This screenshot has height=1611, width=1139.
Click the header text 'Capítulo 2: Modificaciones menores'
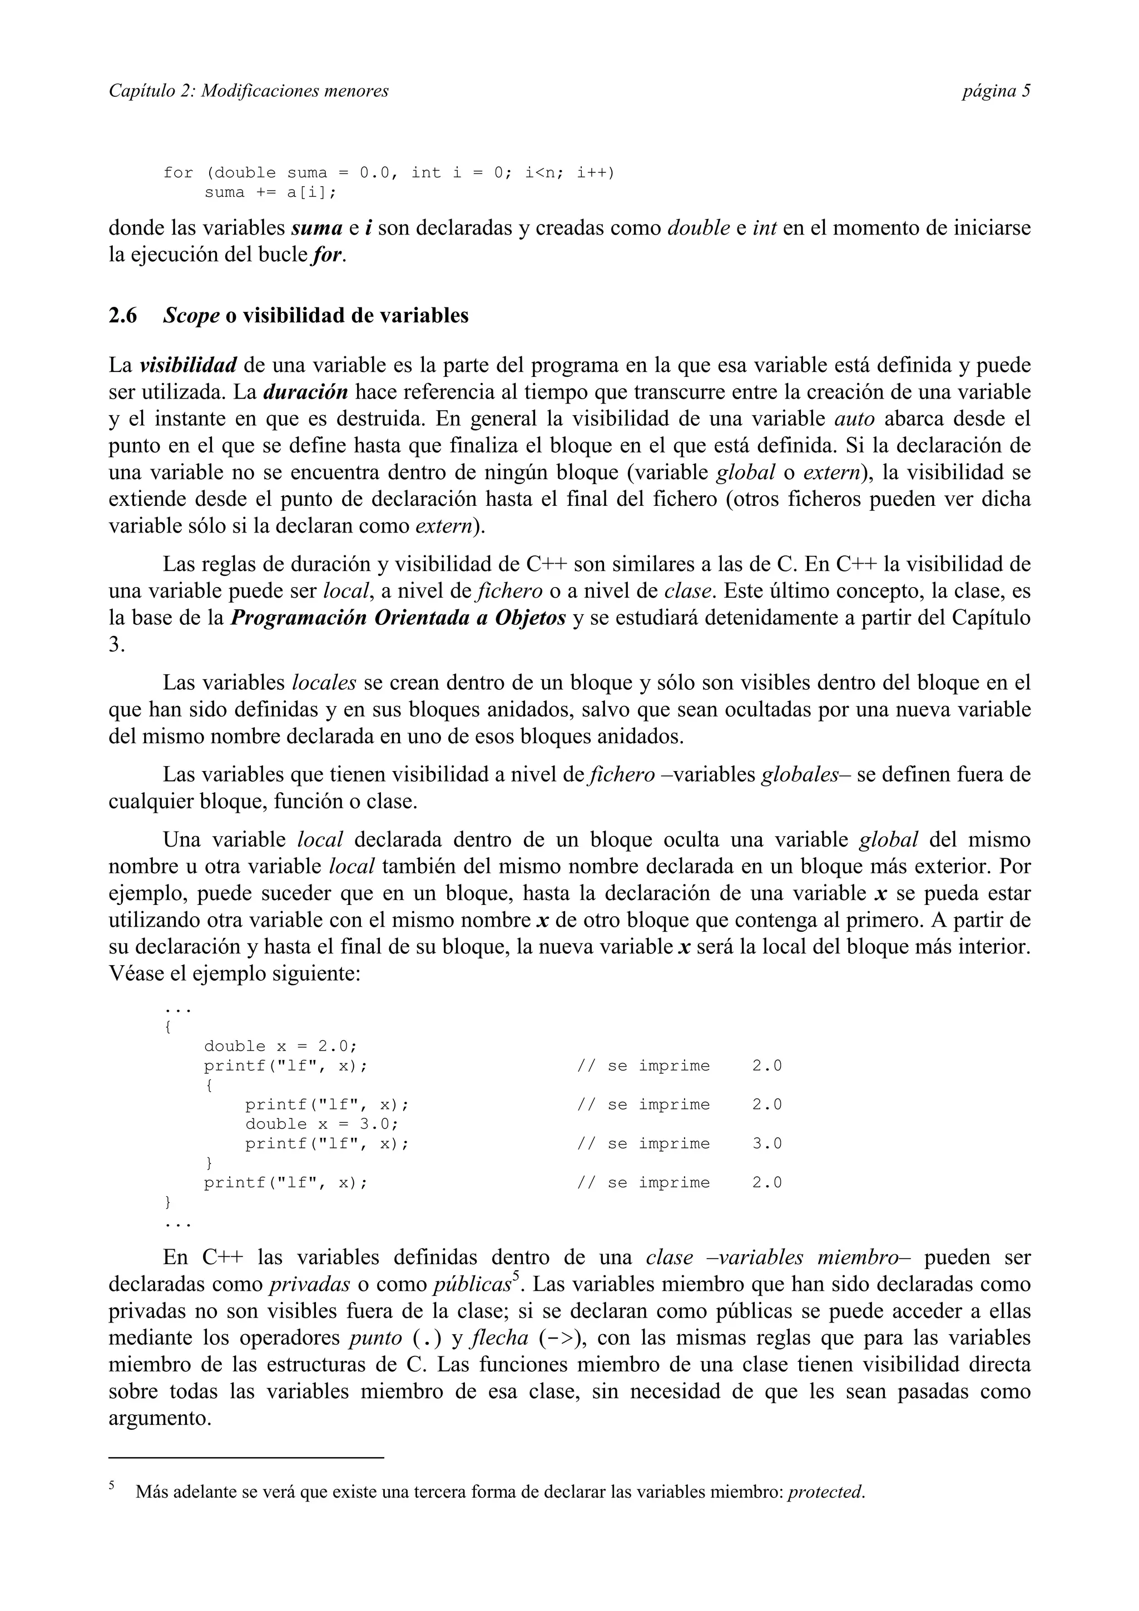[249, 91]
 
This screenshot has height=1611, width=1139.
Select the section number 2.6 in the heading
[123, 316]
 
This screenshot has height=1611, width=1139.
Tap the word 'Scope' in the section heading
[191, 316]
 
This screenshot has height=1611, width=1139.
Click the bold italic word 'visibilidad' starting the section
[187, 366]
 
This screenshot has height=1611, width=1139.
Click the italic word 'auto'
[854, 419]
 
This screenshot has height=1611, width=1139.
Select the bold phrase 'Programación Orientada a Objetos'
[398, 618]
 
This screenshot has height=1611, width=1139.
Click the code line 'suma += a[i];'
[270, 193]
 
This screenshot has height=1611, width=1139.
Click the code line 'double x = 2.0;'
[280, 1046]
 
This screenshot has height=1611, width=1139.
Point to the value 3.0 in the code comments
[766, 1143]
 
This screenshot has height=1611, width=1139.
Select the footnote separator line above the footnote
[246, 1458]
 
